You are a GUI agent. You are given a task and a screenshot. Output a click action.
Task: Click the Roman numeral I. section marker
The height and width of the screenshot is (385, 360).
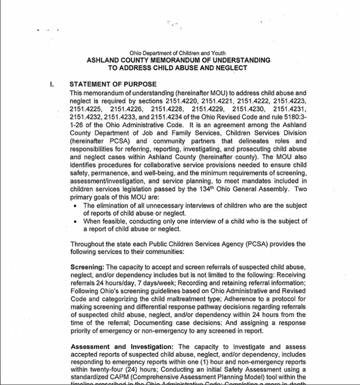point(52,85)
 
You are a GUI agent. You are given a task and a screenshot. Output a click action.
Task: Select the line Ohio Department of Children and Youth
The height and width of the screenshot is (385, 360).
point(178,53)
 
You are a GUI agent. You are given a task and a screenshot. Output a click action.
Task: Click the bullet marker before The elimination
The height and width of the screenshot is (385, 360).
point(74,206)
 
